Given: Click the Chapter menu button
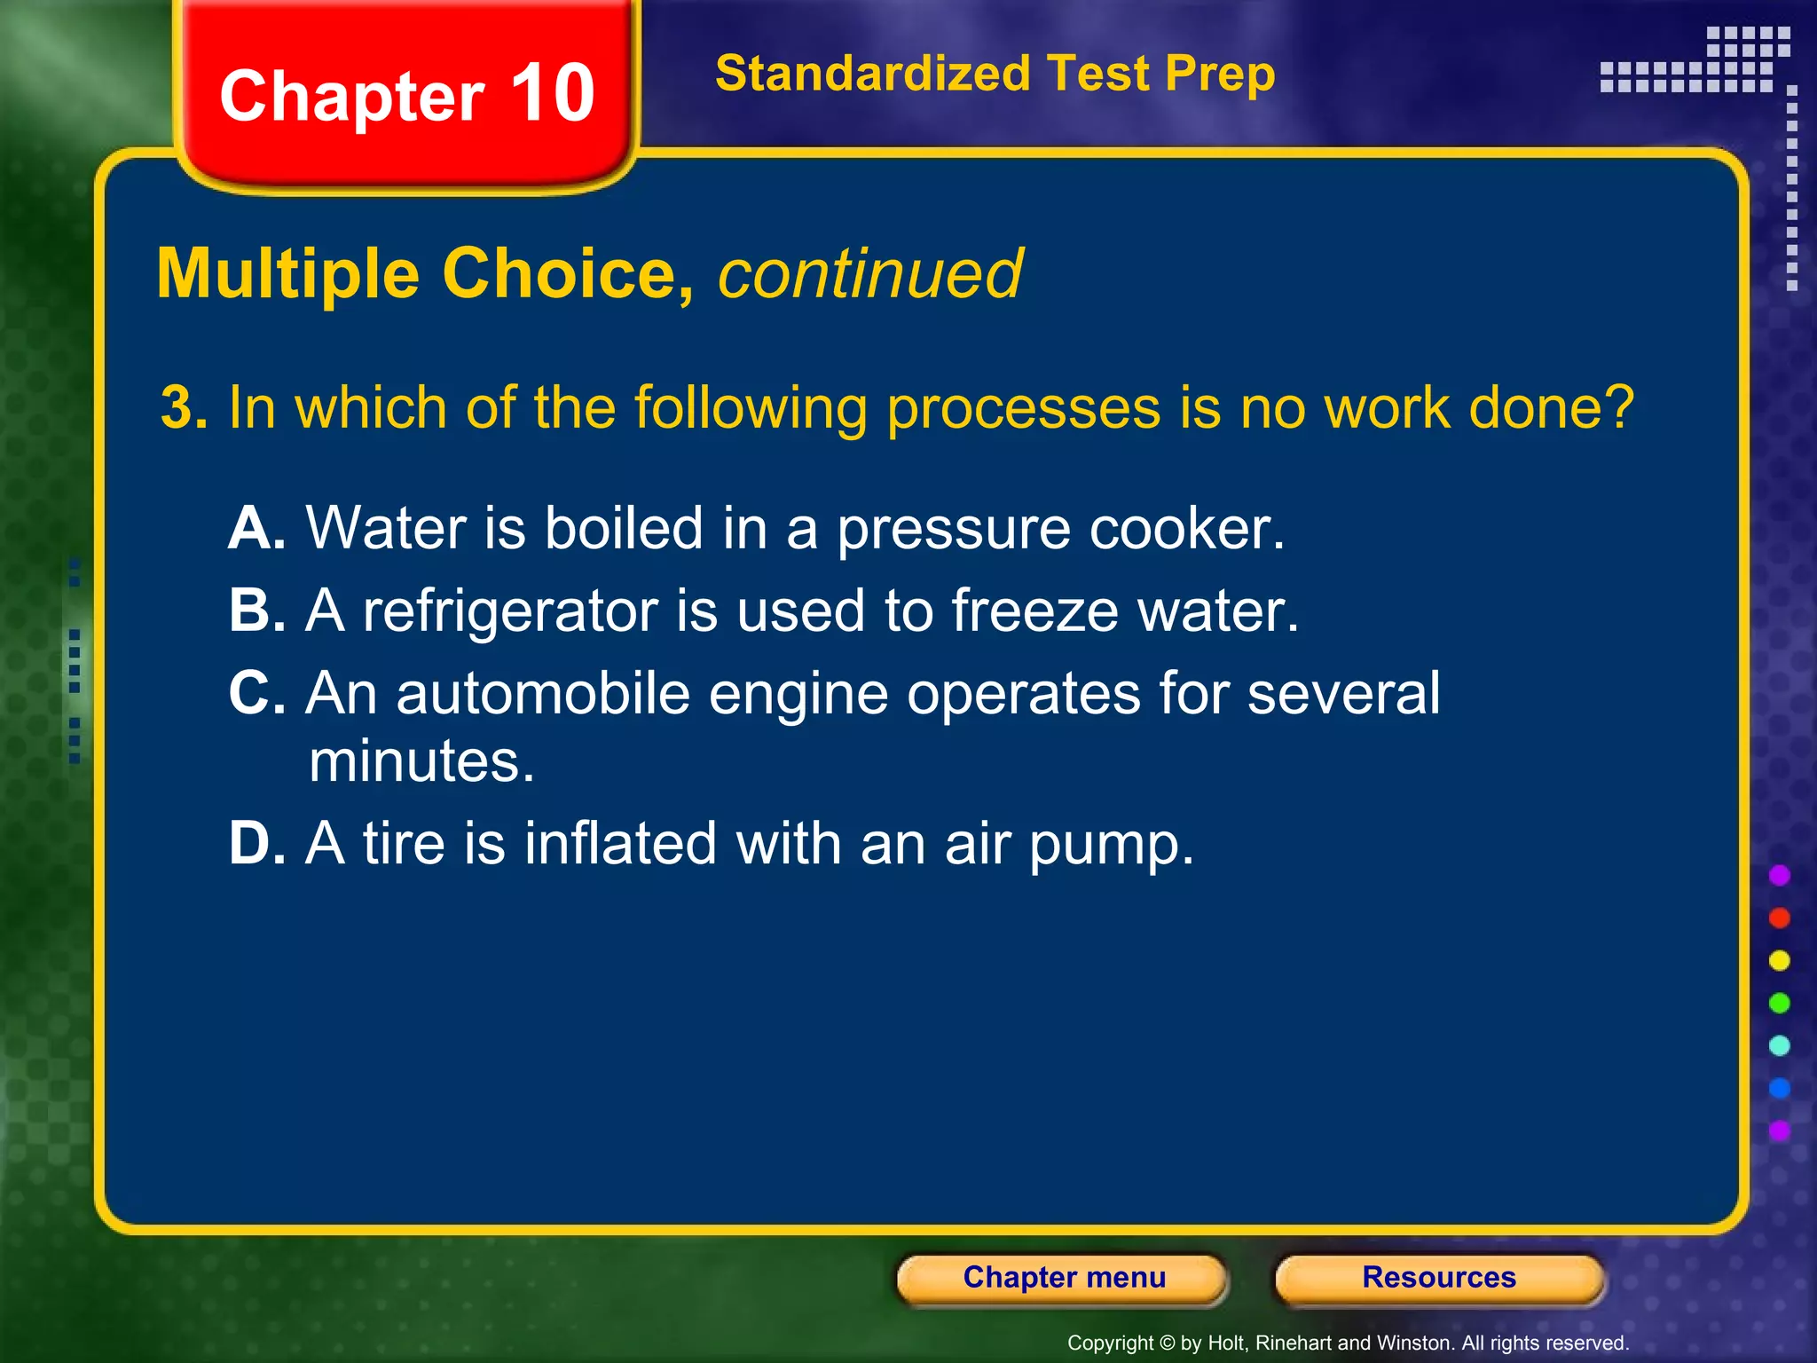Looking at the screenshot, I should [1063, 1278].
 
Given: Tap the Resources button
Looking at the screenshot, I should [1438, 1278].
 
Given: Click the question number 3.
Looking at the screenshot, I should [183, 408].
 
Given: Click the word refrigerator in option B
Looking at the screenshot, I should [510, 612].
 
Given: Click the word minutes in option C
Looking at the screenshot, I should [421, 761].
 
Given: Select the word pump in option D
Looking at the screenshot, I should [1111, 845].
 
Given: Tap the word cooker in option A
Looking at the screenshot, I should [1185, 529].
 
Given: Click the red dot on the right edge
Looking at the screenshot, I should [1779, 918].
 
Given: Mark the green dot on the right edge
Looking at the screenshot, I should [1779, 1003].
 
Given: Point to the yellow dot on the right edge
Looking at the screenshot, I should [1779, 960].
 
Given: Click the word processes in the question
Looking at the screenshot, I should [1023, 408].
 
